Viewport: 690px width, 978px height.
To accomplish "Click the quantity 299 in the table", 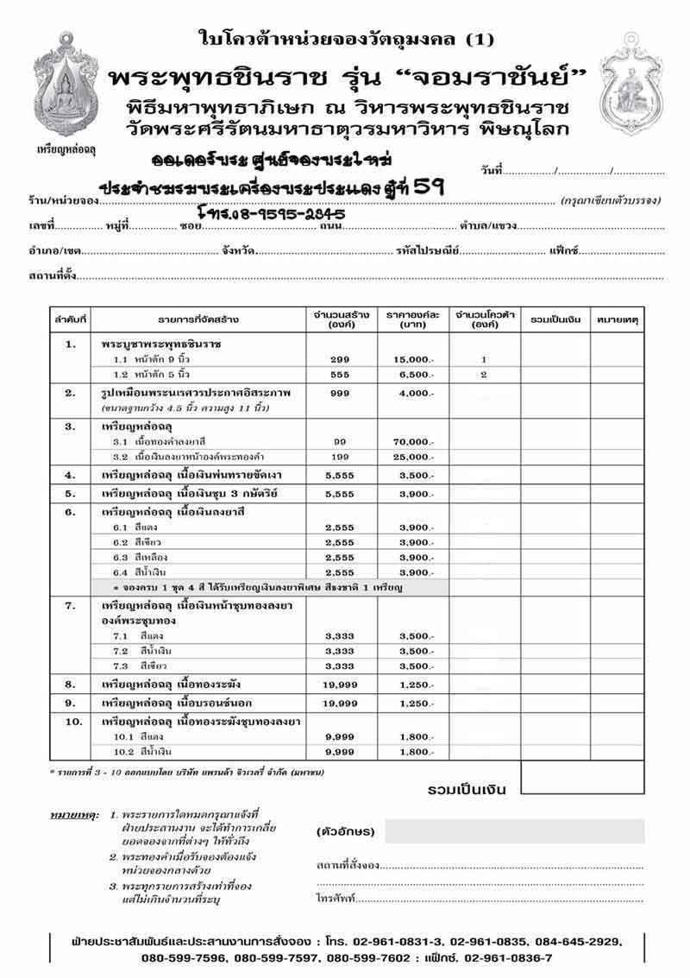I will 339,359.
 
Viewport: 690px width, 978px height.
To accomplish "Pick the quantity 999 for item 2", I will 339,394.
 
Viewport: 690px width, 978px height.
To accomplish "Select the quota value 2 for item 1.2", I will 484,375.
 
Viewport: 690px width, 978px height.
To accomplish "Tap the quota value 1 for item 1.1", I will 484,359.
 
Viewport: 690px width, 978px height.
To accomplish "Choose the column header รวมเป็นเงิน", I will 555,319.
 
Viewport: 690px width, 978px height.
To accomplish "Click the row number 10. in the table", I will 72,720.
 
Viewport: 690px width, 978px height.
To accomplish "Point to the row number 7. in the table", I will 72,606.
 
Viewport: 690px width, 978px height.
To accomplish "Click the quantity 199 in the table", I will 339,456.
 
